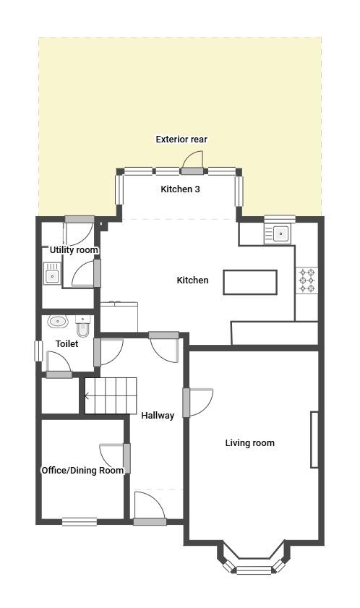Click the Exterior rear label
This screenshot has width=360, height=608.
[x=181, y=140]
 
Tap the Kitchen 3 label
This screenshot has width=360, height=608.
[x=181, y=189]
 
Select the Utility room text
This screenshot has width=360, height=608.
[x=74, y=250]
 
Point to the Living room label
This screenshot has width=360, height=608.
[x=250, y=443]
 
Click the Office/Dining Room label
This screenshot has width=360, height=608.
[x=82, y=471]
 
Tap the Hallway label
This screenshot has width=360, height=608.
[x=158, y=416]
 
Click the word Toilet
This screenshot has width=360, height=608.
[x=67, y=344]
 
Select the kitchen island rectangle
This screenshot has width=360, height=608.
[x=250, y=282]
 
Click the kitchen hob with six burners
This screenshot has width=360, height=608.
[x=307, y=281]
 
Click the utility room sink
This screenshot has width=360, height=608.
[x=52, y=274]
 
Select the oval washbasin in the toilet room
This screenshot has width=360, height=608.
[x=58, y=322]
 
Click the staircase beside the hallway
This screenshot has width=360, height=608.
[x=111, y=396]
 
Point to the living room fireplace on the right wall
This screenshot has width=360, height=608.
[x=314, y=440]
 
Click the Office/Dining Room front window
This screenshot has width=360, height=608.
[x=80, y=521]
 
